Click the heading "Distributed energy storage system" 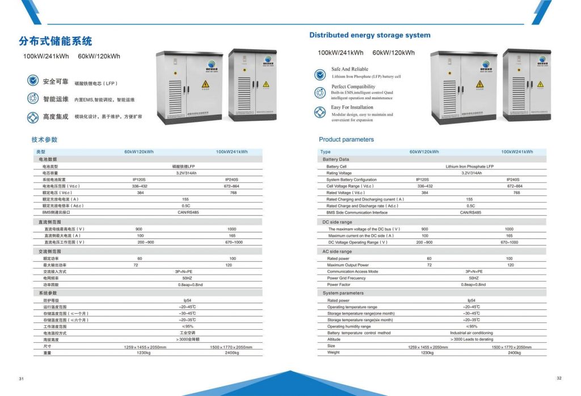coord(369,35)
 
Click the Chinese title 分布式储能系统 coord(55,41)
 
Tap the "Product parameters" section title coord(346,139)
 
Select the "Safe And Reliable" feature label coord(350,70)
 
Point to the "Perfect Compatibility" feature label coord(353,87)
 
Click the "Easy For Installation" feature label coord(352,107)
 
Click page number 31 coord(21,379)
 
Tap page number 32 coord(559,378)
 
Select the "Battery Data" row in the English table coord(336,160)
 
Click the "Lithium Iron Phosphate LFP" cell coord(469,167)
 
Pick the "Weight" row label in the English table coord(334,352)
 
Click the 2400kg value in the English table coord(514,352)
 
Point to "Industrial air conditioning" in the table coord(471,333)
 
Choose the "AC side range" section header coord(337,252)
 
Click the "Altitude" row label coord(335,339)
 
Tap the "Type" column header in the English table coord(326,152)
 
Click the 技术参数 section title coord(44,139)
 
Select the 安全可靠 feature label coord(56,82)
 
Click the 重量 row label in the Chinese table coord(47,352)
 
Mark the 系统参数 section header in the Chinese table coord(48,293)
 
